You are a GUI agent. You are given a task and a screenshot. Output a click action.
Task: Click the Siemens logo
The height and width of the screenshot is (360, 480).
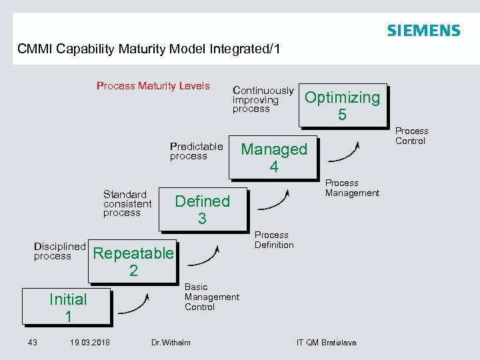[x=423, y=31]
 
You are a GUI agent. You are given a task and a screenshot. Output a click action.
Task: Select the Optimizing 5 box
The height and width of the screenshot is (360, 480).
[x=342, y=105]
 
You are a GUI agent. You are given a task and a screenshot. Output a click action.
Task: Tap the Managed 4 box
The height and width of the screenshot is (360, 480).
[x=273, y=158]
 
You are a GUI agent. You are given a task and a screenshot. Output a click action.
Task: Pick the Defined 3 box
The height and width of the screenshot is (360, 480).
[x=202, y=209]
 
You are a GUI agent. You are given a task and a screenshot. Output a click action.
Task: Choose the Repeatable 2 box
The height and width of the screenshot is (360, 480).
[x=133, y=261]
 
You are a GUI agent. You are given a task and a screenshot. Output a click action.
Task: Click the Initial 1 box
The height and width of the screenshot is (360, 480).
[x=67, y=307]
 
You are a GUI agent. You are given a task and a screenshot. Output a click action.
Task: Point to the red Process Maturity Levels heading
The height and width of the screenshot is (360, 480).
[x=153, y=85]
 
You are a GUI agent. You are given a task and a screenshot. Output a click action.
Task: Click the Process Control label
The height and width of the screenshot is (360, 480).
[x=411, y=136]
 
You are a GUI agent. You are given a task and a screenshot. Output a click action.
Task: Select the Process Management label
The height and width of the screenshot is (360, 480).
[x=352, y=188]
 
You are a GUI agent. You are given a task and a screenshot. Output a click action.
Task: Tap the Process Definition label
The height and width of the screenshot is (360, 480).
[x=274, y=240]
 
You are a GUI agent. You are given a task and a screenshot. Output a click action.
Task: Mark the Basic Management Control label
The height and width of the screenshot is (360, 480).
[x=211, y=297]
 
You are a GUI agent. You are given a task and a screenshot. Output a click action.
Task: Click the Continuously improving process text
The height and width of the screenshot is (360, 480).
[x=263, y=99]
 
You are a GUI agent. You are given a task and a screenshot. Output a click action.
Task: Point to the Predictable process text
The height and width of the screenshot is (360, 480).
[x=196, y=151]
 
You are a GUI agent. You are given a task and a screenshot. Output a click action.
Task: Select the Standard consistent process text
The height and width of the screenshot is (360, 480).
[x=127, y=203]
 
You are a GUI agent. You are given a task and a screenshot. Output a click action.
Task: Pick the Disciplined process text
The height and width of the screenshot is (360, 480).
[x=59, y=251]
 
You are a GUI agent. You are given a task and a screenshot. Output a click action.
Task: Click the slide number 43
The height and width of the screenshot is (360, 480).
[x=32, y=343]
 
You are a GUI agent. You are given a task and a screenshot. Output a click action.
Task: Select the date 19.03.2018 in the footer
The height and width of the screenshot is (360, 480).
[x=90, y=343]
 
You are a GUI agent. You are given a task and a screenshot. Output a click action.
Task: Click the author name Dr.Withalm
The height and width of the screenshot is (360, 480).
[x=171, y=343]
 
